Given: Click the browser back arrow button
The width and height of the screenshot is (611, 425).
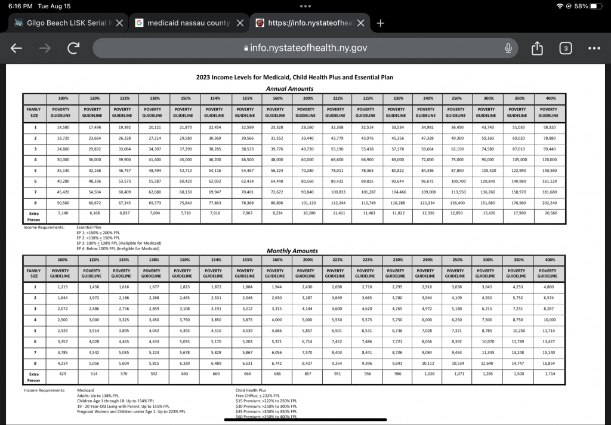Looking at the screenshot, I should tap(17, 48).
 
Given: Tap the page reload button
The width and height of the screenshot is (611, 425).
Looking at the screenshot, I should tap(73, 48).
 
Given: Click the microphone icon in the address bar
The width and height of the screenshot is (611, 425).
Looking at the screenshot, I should tap(508, 48).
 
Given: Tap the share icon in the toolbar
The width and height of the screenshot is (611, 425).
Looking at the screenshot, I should tap(536, 48).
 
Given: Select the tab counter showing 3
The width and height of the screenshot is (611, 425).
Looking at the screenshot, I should tap(565, 48).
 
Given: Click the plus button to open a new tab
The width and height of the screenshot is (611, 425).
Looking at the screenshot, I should tap(380, 23).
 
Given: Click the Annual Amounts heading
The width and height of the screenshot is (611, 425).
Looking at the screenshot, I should tap(289, 88).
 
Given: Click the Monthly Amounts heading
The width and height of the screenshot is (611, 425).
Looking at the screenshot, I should tap(292, 251).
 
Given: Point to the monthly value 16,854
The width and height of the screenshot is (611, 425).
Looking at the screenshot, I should tap(547, 362).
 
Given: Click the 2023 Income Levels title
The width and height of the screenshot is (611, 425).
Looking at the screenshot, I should tap(294, 77).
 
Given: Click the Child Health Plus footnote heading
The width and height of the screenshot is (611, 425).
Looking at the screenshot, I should tap(251, 390).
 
